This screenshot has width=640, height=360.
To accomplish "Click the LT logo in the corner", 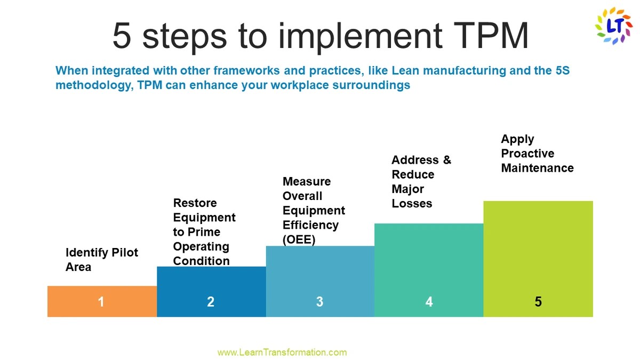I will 613,25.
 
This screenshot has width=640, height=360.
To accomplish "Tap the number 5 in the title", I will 122,36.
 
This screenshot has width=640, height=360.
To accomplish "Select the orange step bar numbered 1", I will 101,302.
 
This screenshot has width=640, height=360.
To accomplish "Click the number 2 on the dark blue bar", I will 211,302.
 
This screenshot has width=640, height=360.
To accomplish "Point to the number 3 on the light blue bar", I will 319,302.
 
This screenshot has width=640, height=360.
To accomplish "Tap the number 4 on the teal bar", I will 429,302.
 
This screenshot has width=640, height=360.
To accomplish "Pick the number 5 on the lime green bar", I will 538,302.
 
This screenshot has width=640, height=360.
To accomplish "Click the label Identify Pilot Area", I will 101,260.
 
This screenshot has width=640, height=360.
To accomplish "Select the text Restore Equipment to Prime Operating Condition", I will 204,232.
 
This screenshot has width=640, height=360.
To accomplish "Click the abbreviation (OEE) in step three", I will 299,239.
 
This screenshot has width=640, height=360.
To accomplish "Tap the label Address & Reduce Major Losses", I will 420,181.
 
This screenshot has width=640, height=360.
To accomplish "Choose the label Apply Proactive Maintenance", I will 537,154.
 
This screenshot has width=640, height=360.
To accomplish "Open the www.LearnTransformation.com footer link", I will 282,352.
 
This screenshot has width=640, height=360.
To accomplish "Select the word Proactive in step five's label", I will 527,154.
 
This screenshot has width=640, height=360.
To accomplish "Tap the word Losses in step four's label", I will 412,203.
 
